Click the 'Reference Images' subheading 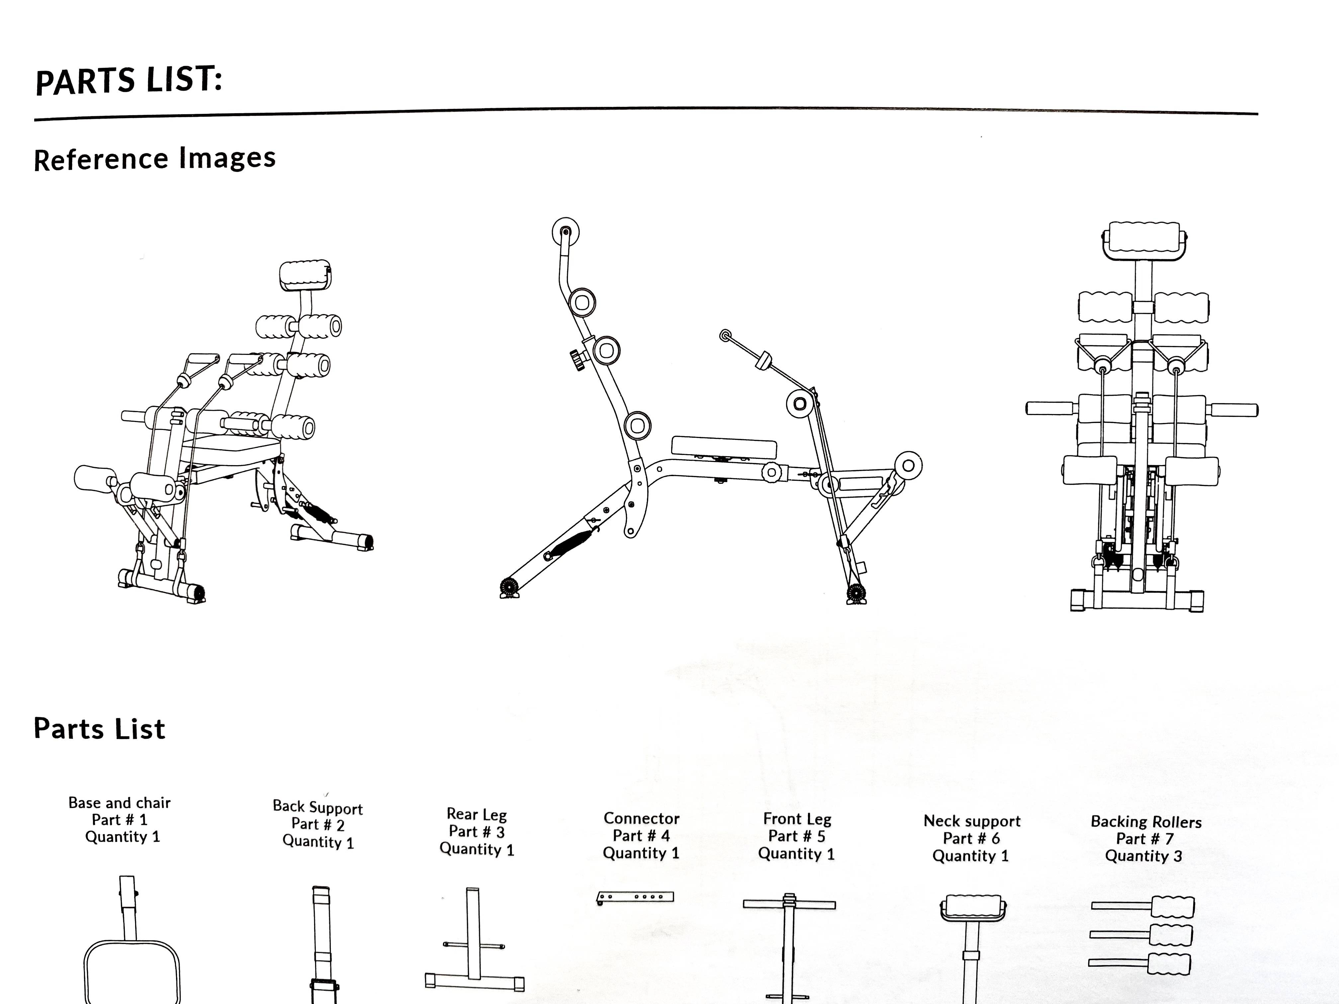tap(154, 159)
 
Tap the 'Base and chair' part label tap(119, 802)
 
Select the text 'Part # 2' tap(318, 824)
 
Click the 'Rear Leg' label tap(477, 814)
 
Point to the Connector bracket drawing tap(635, 897)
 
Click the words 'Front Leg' tap(797, 819)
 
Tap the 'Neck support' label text tap(972, 821)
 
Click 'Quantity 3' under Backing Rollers tap(1143, 856)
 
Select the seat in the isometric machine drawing tap(233, 449)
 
